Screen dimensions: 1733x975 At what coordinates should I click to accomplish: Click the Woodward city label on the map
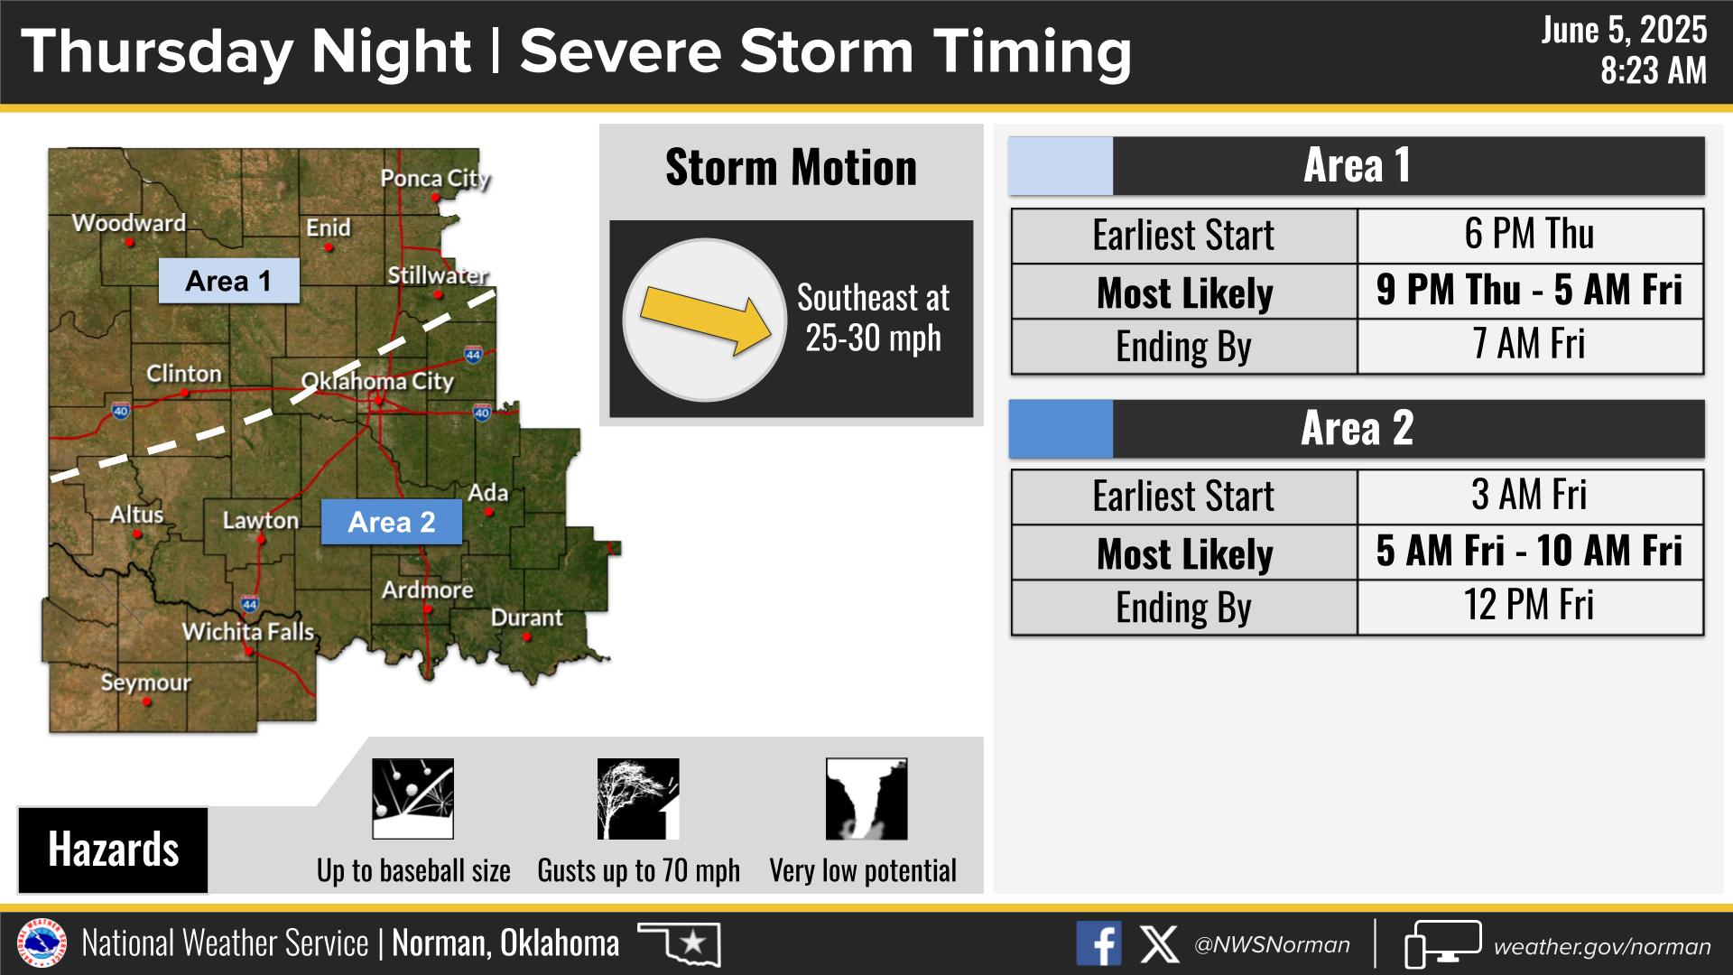tap(129, 223)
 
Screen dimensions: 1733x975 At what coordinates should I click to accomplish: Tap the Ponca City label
tap(435, 179)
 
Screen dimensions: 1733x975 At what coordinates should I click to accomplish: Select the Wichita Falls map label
tap(248, 632)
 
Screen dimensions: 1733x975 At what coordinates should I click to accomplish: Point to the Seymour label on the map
tap(146, 682)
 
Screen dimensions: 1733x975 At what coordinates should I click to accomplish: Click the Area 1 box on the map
tap(228, 281)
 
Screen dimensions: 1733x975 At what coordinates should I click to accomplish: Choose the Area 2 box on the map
tap(392, 522)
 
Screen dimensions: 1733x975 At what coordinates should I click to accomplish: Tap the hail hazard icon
tap(412, 799)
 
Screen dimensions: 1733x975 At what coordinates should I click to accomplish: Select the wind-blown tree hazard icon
tap(638, 799)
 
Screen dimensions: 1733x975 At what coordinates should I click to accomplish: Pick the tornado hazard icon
tap(866, 799)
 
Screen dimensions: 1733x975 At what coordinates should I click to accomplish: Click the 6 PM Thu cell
tap(1530, 236)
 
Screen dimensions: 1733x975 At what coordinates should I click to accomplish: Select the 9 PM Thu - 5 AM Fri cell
tap(1530, 292)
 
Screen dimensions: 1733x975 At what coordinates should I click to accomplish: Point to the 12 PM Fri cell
tap(1530, 607)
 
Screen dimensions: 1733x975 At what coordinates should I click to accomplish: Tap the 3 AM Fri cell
tap(1530, 497)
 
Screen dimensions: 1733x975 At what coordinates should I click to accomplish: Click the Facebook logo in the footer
tap(1099, 944)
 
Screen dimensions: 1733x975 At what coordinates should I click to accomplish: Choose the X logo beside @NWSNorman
tap(1159, 944)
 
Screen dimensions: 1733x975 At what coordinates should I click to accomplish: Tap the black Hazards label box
tap(113, 850)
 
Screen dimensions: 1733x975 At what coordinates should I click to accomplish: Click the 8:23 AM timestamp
tap(1654, 70)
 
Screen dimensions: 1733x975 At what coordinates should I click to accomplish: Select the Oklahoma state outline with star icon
tap(680, 943)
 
